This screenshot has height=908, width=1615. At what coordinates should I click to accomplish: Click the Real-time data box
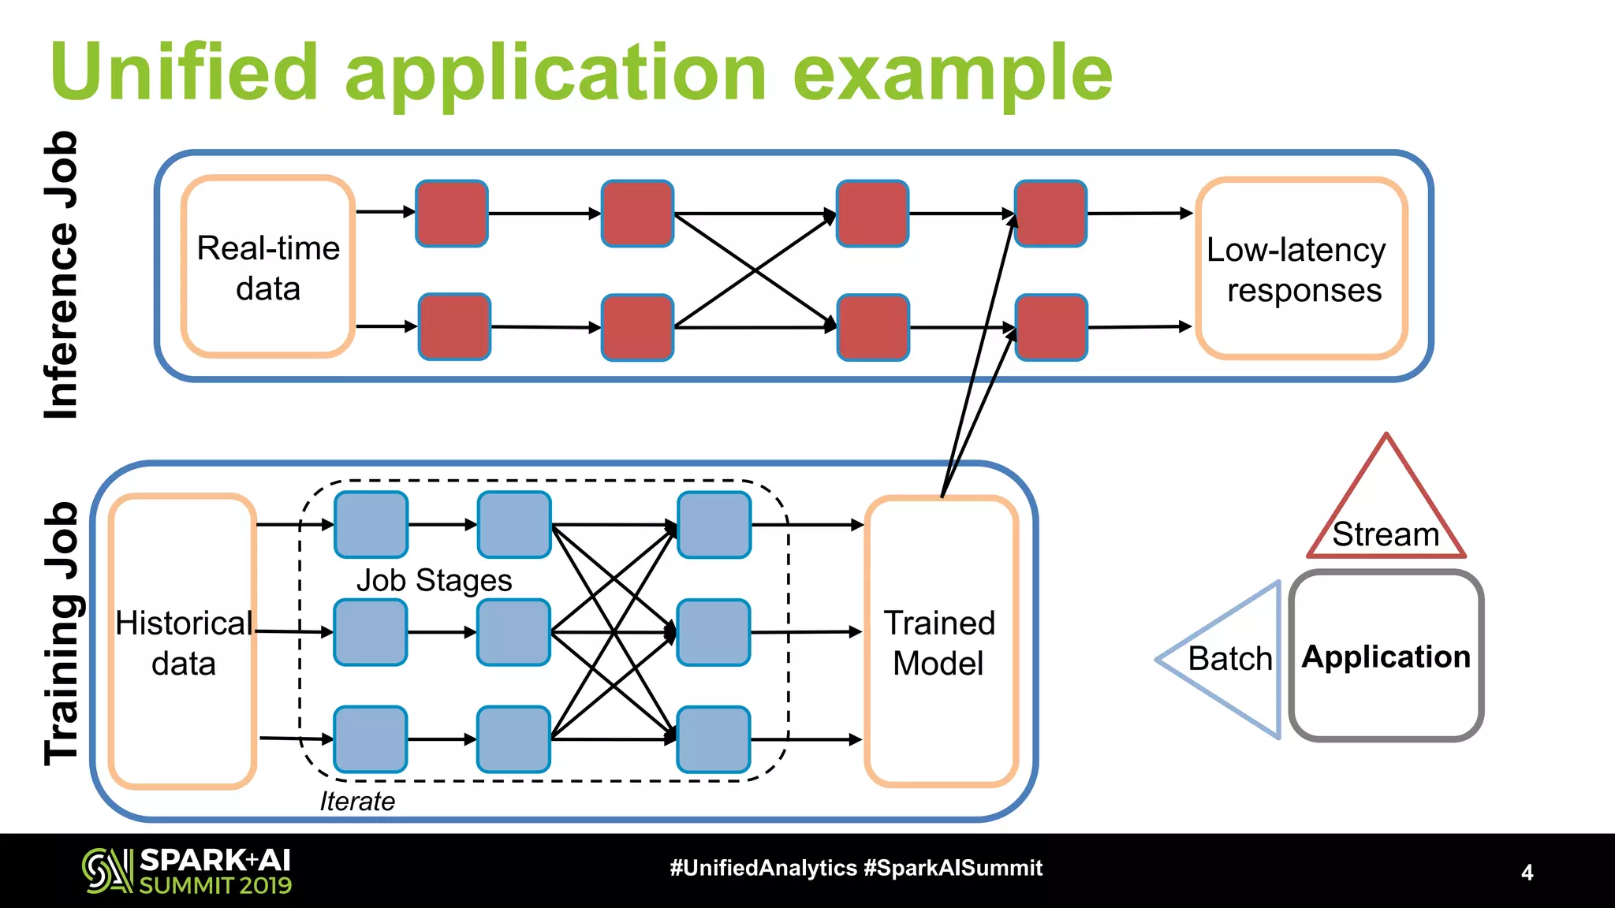pos(268,266)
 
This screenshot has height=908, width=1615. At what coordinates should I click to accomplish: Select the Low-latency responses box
pos(1301,268)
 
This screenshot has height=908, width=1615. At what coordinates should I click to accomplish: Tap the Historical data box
pos(183,641)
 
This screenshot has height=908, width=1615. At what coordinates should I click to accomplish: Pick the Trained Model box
pos(942,641)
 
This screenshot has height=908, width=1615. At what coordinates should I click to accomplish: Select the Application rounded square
pos(1386,656)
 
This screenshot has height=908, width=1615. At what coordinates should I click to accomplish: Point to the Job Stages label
pos(435,581)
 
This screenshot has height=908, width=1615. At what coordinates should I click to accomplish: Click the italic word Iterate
pos(357,801)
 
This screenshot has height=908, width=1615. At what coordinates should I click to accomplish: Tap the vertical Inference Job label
pos(62,275)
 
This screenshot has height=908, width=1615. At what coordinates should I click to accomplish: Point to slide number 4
pos(1527,873)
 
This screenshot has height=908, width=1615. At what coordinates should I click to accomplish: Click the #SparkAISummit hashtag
pos(953,869)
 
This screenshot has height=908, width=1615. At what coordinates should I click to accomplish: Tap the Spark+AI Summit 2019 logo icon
pos(108,871)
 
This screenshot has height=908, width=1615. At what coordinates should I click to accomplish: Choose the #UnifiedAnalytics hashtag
pos(763,869)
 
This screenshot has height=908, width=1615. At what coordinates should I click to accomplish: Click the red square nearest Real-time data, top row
pos(452,213)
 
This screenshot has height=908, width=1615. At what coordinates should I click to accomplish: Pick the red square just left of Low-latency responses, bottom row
pos(1051,327)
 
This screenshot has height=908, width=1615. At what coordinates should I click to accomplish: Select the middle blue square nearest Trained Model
pos(714,632)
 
